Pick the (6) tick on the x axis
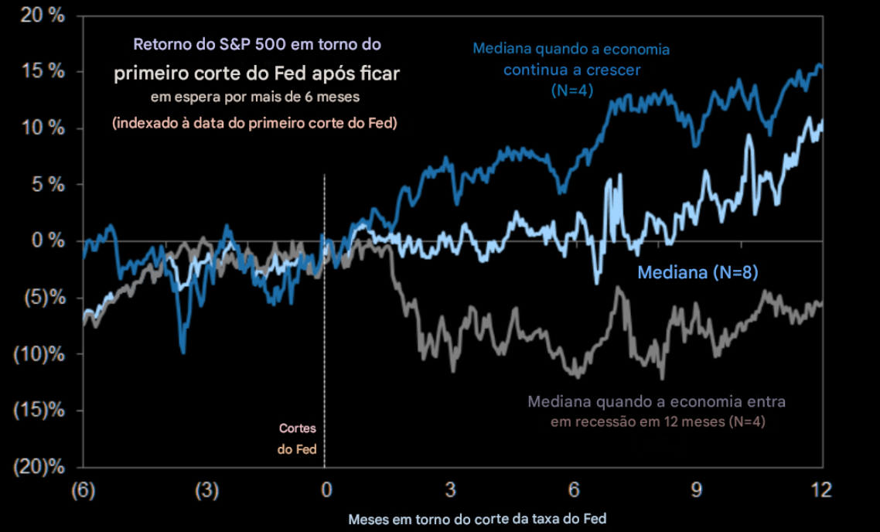(x=81, y=489)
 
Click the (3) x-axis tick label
(x=205, y=489)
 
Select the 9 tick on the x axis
(x=697, y=489)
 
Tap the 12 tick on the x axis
(x=820, y=489)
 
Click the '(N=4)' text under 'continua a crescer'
(x=571, y=90)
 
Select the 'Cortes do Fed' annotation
(x=298, y=438)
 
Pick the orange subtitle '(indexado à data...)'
(x=254, y=123)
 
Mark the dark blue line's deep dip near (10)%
(x=182, y=352)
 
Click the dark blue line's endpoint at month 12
(x=820, y=67)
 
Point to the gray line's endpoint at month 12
(x=820, y=304)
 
